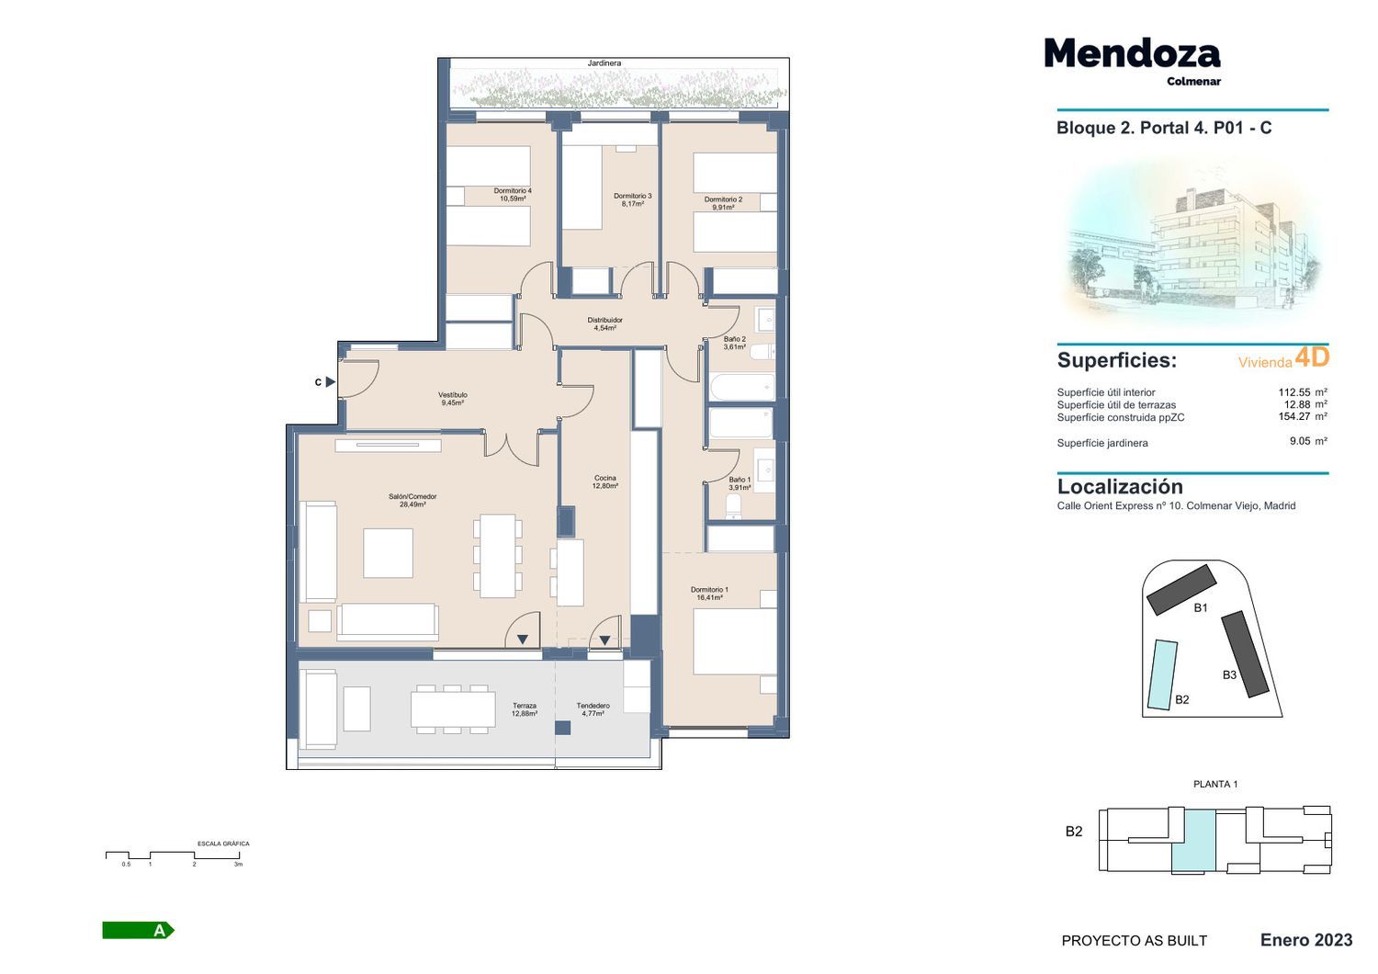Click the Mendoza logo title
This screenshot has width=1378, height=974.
click(x=1132, y=53)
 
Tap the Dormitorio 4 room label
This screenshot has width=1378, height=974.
click(x=513, y=195)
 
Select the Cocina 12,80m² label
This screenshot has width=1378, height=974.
click(x=604, y=481)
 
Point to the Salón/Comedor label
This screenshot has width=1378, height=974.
click(x=412, y=500)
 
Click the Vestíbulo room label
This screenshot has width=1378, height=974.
click(x=452, y=399)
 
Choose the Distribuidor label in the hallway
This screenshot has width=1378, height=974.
click(x=604, y=324)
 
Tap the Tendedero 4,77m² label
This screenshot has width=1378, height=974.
click(x=593, y=709)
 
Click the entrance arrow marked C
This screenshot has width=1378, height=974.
click(x=331, y=382)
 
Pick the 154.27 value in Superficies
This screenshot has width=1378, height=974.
click(x=1293, y=416)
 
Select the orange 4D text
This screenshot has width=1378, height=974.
click(x=1312, y=357)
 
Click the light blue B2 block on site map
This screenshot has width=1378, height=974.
click(x=1162, y=675)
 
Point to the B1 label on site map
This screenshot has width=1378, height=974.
click(x=1200, y=608)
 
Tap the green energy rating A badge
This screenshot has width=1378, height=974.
click(x=139, y=930)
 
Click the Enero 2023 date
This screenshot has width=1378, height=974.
click(x=1306, y=940)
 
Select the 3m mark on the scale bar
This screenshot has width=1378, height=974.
click(x=239, y=864)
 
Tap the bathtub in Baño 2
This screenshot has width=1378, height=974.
click(x=741, y=387)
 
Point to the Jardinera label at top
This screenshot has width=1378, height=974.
click(x=604, y=63)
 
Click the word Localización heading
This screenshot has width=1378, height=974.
click(x=1120, y=487)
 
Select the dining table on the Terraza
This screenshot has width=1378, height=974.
click(x=453, y=709)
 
